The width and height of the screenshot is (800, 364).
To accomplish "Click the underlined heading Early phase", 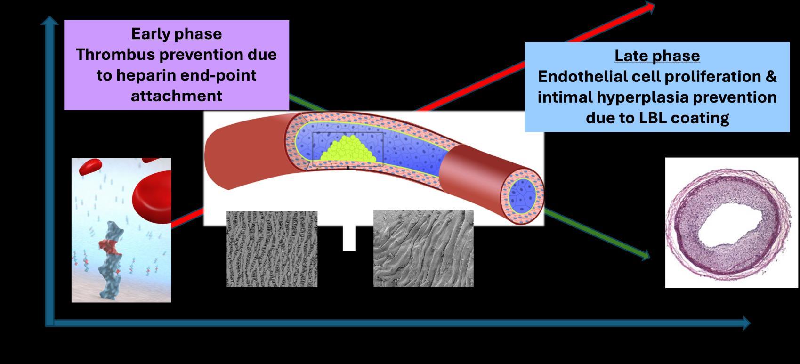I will coord(177,34).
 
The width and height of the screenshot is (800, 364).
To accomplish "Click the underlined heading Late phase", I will coord(657,56).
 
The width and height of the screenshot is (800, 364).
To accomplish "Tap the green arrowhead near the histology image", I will coord(645,256).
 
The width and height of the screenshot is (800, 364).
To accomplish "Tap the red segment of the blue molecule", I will coord(110,246).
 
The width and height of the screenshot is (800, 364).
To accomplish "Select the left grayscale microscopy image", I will coord(272,249).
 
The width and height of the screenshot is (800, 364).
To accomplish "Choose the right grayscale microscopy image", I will coord(423,249).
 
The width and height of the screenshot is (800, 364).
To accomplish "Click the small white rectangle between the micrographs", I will coord(348,239).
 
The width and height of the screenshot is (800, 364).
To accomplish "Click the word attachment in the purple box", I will coord(177,96).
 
